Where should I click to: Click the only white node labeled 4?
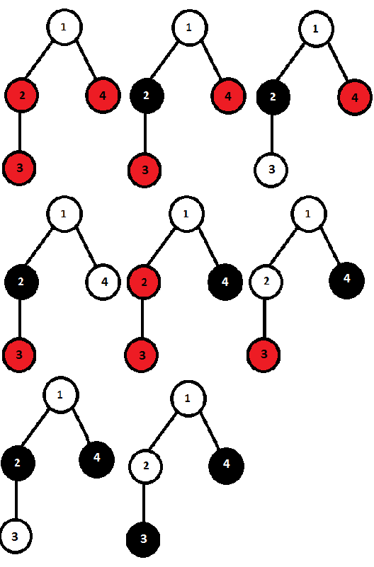point(103,282)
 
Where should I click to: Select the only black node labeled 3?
point(143,539)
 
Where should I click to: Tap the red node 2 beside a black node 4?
point(144,282)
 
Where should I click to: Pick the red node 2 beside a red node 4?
point(22,96)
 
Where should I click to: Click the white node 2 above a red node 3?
point(266,281)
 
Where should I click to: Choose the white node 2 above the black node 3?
point(145,466)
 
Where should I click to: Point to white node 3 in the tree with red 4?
point(271,170)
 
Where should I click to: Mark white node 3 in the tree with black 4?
point(15,537)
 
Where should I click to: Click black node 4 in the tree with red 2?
point(225,282)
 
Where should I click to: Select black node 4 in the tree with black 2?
point(96,459)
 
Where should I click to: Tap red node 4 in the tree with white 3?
point(355,98)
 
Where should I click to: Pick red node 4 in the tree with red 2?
point(103,96)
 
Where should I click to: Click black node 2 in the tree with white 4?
point(21,282)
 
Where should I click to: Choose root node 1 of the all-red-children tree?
point(64,28)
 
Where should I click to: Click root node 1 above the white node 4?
point(64,214)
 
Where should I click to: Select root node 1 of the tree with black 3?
point(188,399)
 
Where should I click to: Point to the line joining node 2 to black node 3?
point(144,503)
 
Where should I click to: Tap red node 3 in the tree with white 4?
point(19,355)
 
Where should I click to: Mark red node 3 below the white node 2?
point(264,355)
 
